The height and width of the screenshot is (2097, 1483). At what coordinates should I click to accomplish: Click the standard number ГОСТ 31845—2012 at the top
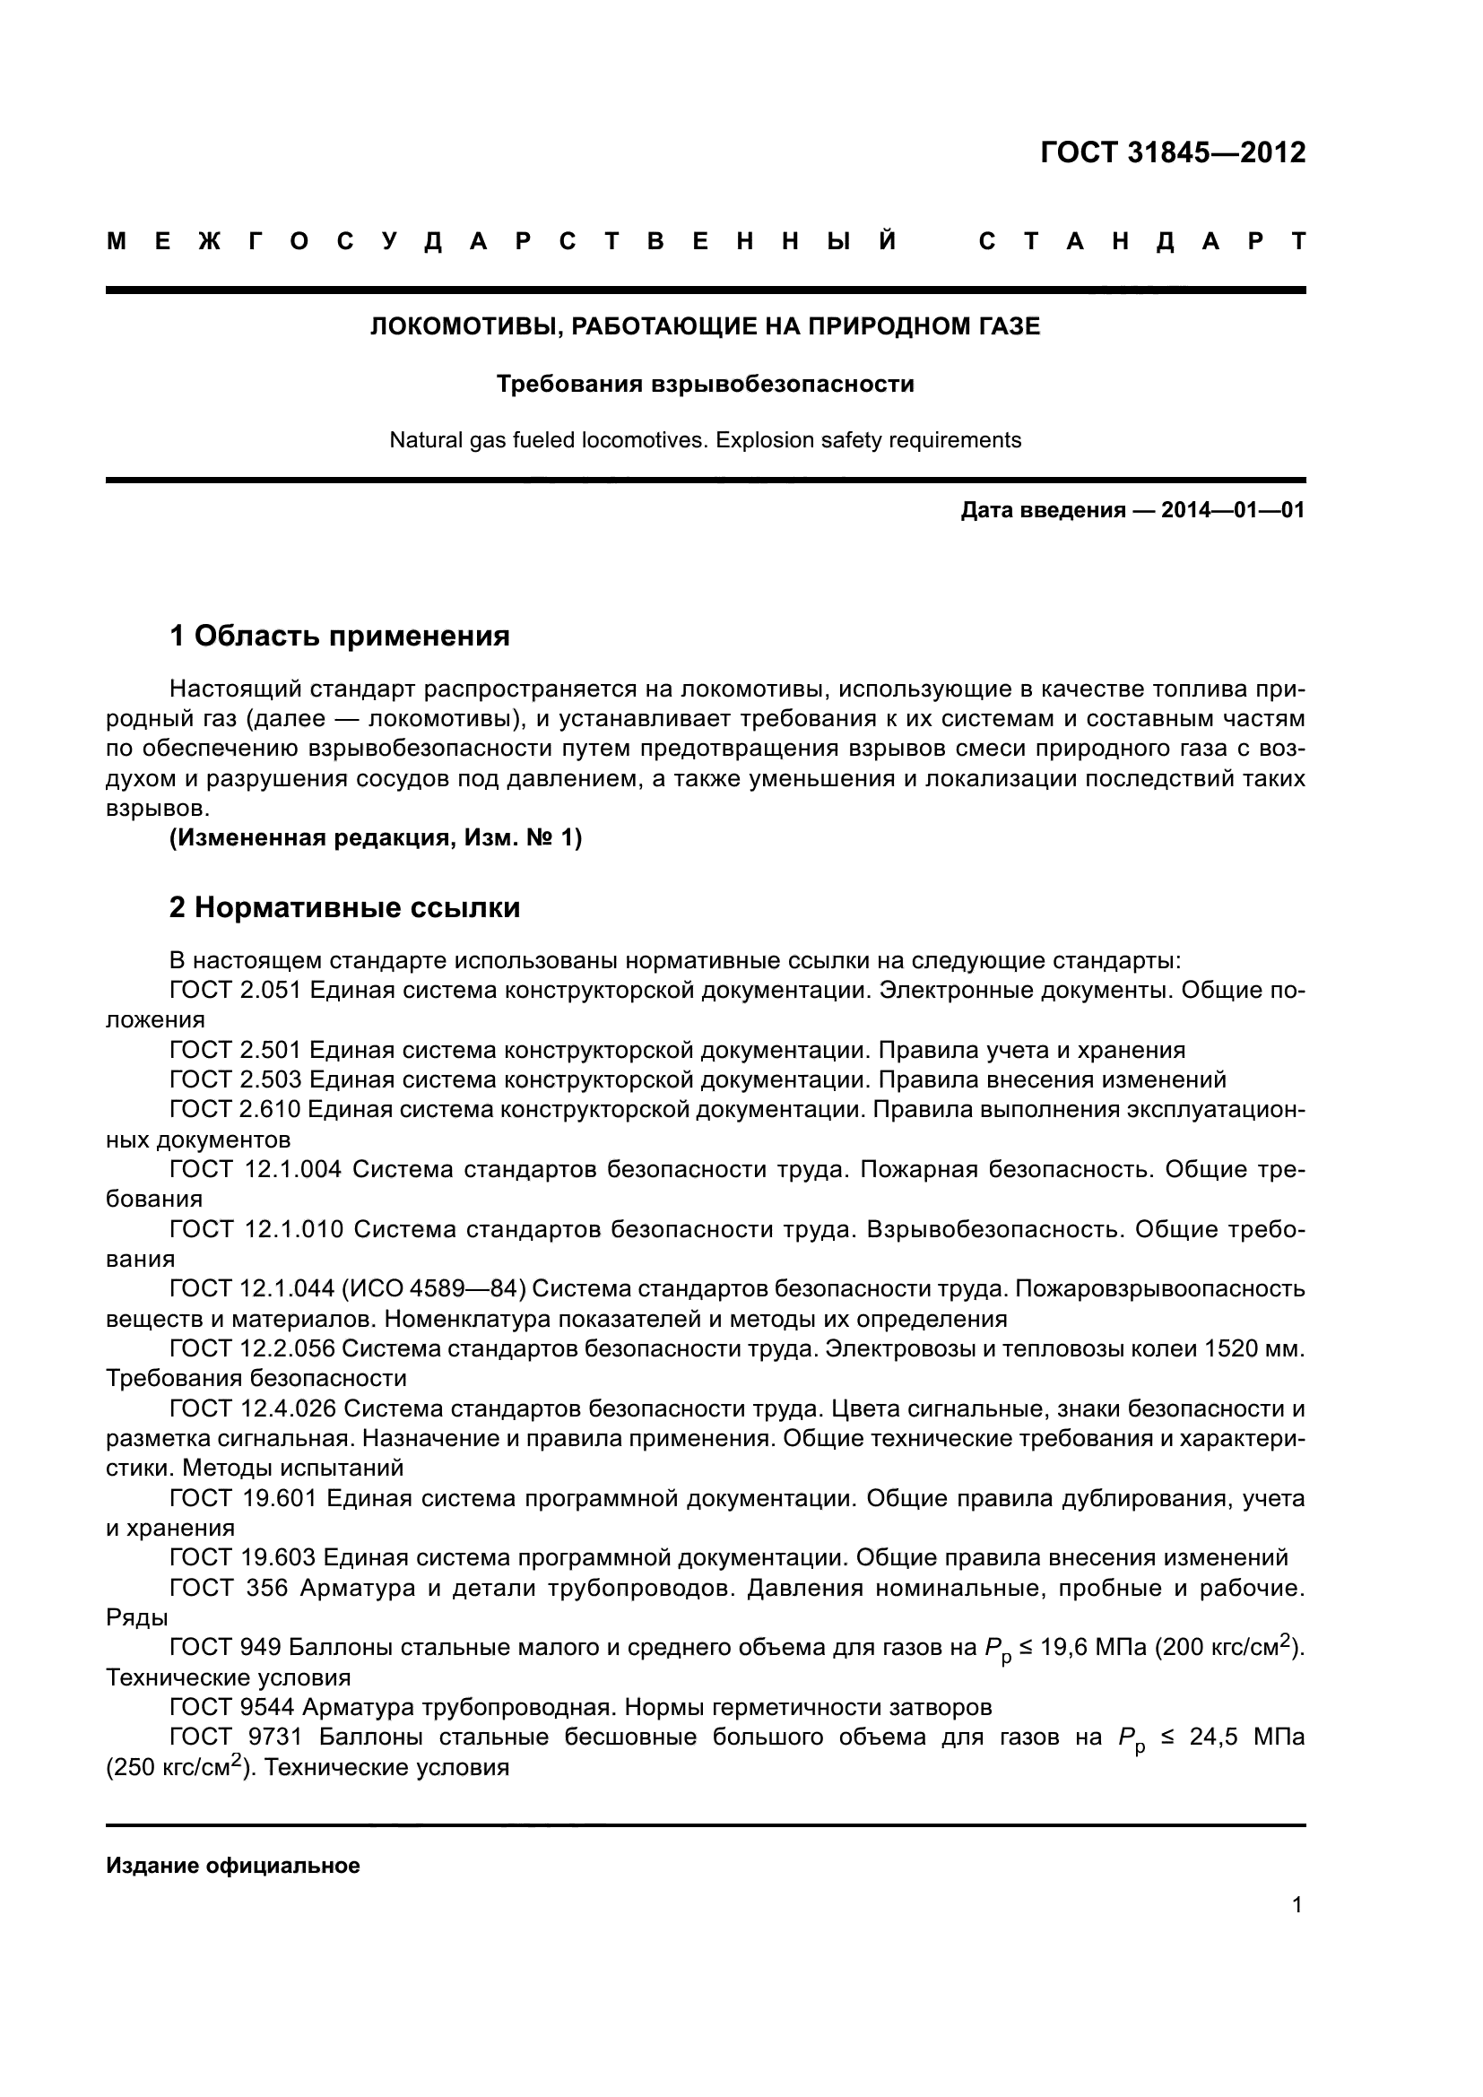(x=1173, y=152)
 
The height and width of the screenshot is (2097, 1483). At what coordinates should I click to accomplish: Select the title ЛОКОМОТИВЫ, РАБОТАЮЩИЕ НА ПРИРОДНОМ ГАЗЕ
(x=705, y=326)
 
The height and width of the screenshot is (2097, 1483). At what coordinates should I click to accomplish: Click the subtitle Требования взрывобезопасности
(x=705, y=385)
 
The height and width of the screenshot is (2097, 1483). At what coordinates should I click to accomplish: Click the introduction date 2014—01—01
(x=1232, y=510)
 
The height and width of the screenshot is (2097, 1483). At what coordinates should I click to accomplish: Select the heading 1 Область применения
(x=340, y=636)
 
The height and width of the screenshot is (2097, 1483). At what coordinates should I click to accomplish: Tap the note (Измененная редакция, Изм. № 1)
(x=376, y=837)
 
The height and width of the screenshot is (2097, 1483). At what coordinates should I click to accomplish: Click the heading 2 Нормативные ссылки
(x=345, y=908)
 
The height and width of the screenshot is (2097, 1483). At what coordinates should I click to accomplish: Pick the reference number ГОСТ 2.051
(x=236, y=990)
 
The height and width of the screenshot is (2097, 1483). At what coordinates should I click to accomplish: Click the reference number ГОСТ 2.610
(x=235, y=1110)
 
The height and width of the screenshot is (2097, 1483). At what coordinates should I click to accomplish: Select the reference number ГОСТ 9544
(x=231, y=1707)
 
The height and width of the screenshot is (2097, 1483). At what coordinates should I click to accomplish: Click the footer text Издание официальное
(x=233, y=1867)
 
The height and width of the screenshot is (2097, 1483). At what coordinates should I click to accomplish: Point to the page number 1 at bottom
(x=1297, y=1905)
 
